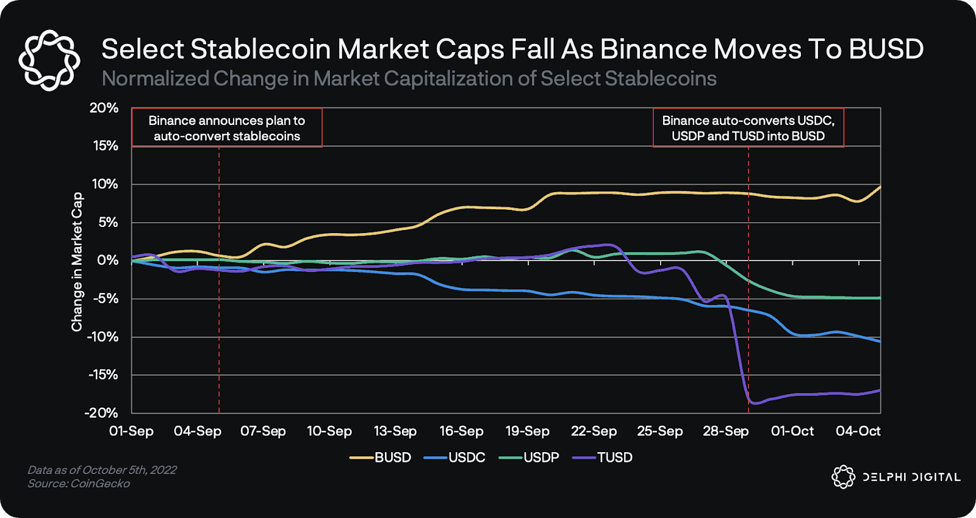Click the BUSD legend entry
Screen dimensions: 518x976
point(381,458)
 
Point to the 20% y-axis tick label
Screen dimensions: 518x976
point(104,108)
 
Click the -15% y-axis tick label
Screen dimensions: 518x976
point(103,375)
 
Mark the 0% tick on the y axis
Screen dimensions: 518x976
point(107,261)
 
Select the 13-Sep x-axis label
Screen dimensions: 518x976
point(395,431)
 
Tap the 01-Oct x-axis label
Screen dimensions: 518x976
point(792,431)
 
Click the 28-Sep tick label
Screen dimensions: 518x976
point(725,431)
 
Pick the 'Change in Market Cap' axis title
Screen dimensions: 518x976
point(77,262)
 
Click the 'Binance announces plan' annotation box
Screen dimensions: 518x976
point(227,128)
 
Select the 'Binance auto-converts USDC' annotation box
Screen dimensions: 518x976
point(748,128)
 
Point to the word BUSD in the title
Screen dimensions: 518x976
point(886,49)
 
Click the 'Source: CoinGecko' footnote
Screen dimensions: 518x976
point(79,484)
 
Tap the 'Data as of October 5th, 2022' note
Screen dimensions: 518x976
point(102,470)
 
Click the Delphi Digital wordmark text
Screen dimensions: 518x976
point(911,477)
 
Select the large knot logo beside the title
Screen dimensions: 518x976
point(49,60)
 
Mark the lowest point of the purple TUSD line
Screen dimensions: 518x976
point(755,403)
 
